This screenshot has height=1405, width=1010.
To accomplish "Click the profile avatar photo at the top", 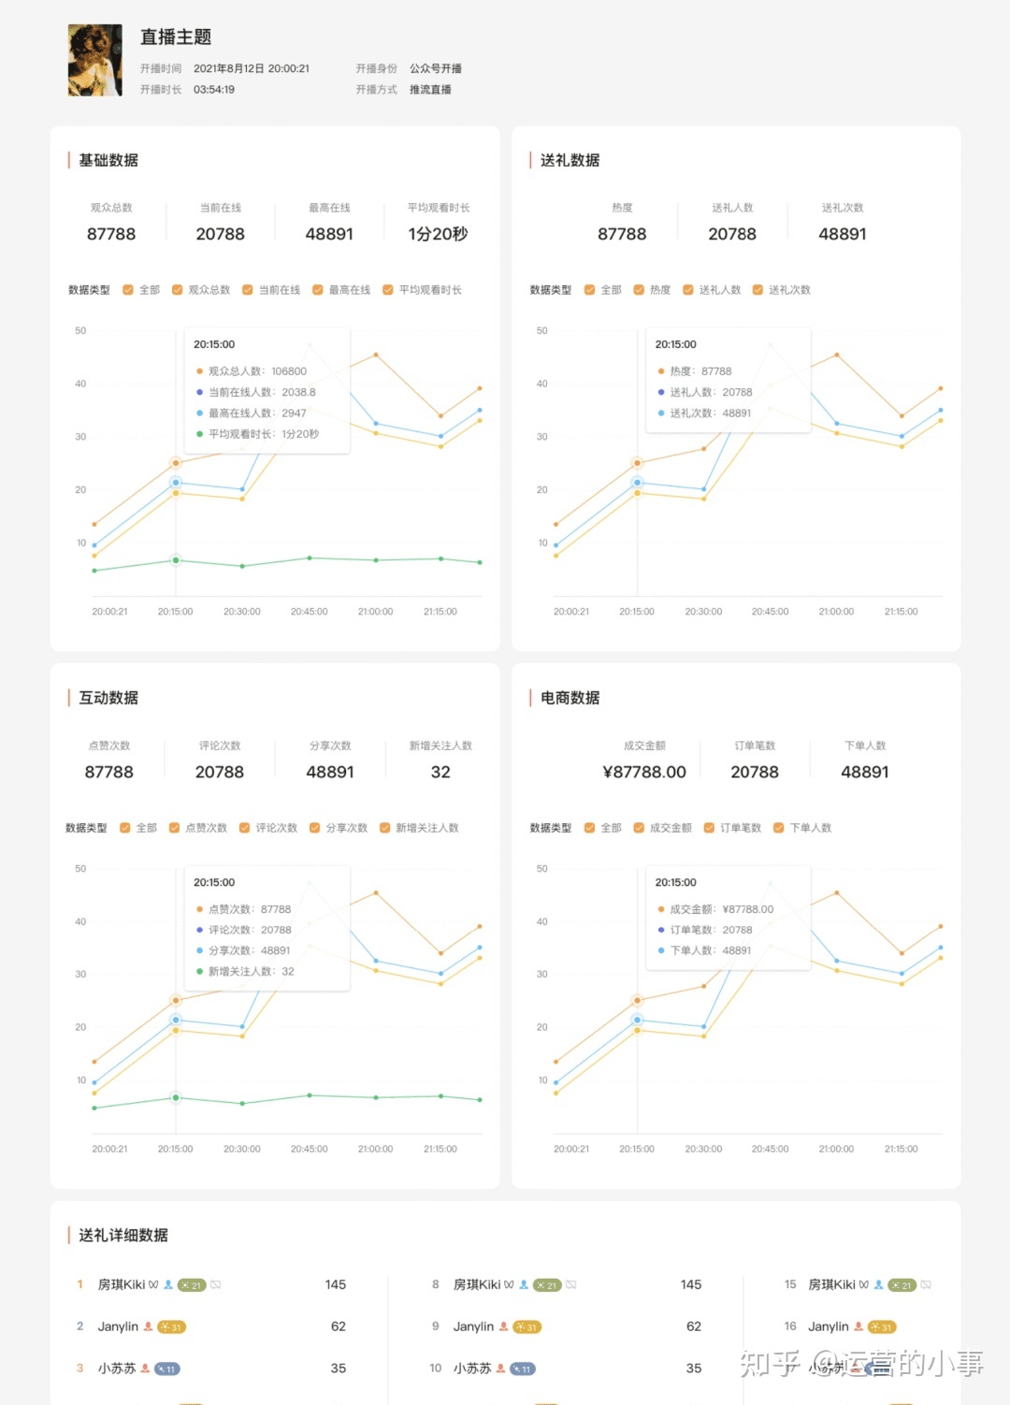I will (x=95, y=61).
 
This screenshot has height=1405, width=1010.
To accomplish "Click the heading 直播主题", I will (x=176, y=37).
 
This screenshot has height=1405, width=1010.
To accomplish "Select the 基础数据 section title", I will (x=108, y=160).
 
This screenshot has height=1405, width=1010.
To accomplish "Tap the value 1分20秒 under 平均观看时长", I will (x=438, y=234).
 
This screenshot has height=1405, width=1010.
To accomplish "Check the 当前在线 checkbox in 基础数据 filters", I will (x=248, y=290).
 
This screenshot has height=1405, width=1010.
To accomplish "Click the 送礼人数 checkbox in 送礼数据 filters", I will (x=688, y=290).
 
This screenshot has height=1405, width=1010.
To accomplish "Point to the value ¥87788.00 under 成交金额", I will (x=644, y=772).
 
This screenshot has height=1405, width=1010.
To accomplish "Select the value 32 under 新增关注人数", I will (x=440, y=772).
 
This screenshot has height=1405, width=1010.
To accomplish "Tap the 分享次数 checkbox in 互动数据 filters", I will (x=315, y=828).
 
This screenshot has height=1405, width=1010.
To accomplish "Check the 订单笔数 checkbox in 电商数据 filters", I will (x=709, y=828).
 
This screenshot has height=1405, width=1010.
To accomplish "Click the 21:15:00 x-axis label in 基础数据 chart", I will (x=440, y=612).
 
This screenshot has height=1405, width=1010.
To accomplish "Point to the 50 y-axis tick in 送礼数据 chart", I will (x=542, y=331).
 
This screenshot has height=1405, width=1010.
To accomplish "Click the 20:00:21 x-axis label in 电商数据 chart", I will (x=571, y=1149).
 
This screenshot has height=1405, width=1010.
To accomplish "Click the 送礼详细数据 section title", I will (x=123, y=1236).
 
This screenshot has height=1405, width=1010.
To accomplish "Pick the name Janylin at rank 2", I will (x=118, y=1326).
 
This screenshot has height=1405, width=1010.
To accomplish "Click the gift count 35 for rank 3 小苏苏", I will (x=339, y=1369).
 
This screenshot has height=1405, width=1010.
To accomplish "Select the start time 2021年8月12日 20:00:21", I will (x=252, y=68).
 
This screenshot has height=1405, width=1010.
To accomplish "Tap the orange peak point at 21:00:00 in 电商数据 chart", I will (x=837, y=893).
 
